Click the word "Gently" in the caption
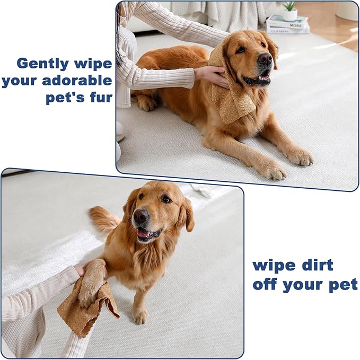[42, 64]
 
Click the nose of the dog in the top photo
[265, 58]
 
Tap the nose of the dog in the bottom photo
[141, 216]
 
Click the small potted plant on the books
[290, 11]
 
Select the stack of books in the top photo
[288, 24]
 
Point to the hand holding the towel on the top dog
[211, 76]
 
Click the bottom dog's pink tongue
[143, 233]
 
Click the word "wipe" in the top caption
[93, 64]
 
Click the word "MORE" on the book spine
[295, 25]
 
